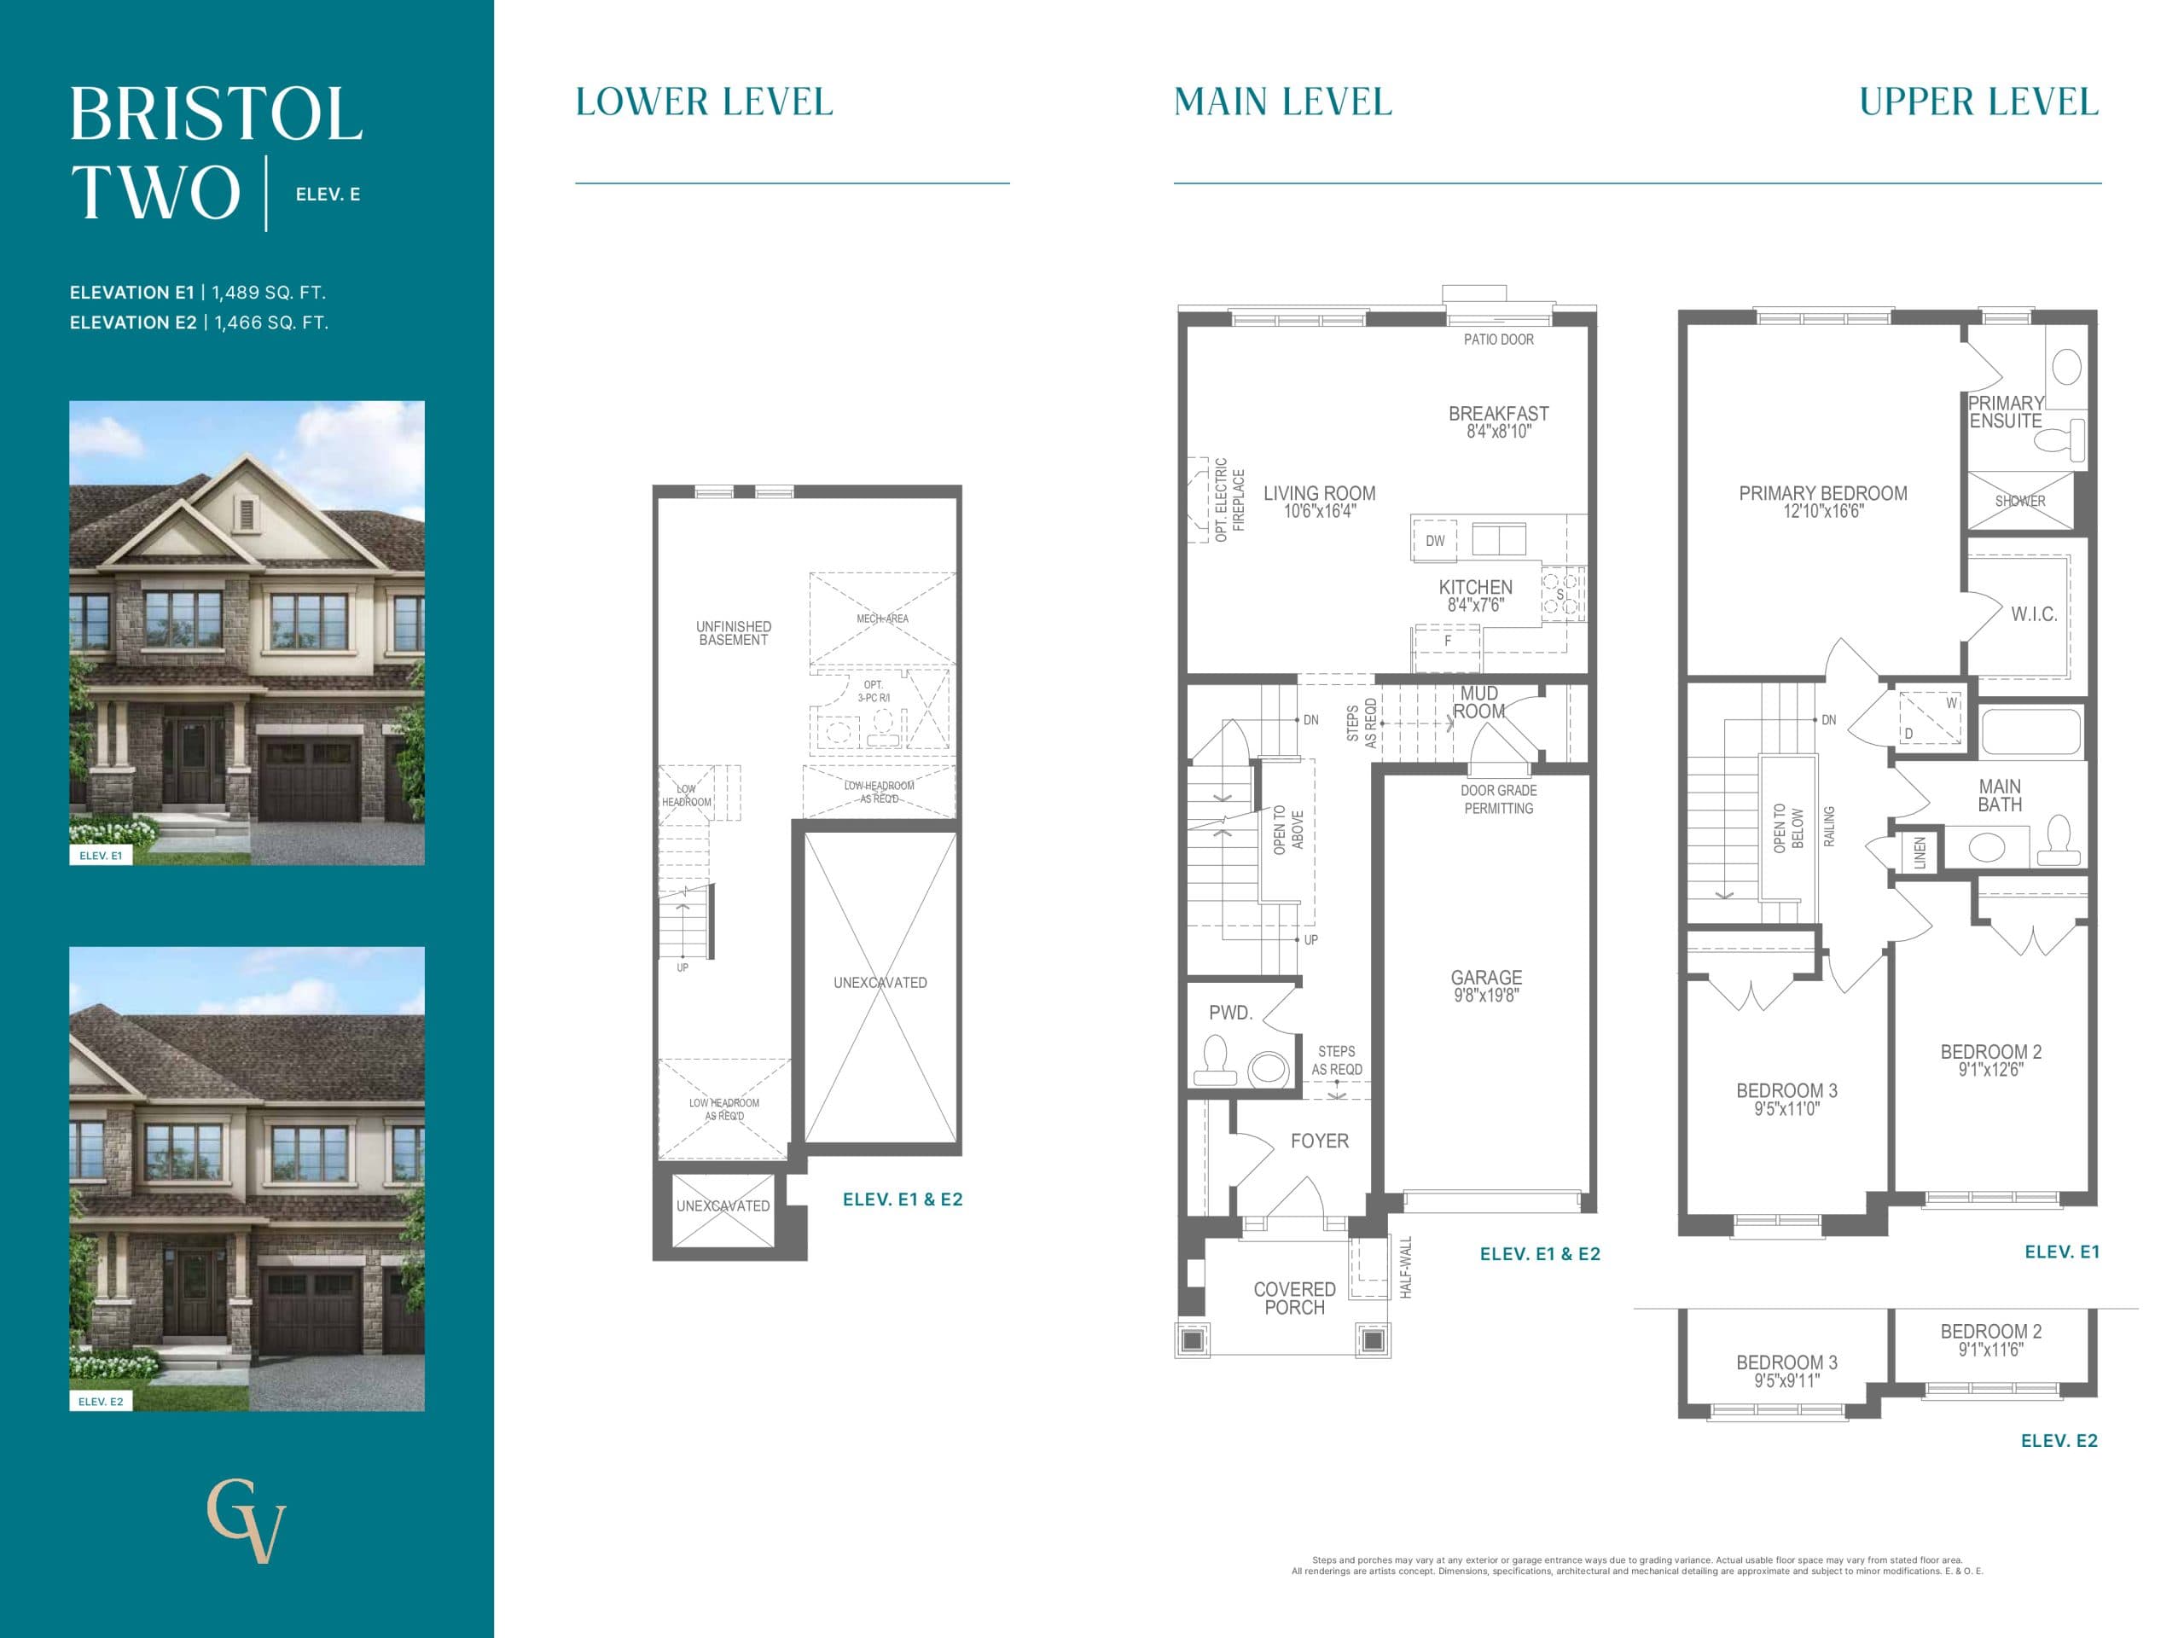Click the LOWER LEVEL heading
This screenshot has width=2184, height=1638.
pyautogui.click(x=704, y=102)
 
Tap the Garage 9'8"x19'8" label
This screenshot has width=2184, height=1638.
pyautogui.click(x=1485, y=985)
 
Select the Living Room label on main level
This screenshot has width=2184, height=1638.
pyautogui.click(x=1319, y=501)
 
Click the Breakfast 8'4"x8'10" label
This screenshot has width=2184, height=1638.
pyautogui.click(x=1498, y=421)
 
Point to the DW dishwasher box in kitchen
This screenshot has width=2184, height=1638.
pyautogui.click(x=1435, y=541)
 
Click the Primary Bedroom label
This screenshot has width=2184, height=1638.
pyautogui.click(x=1822, y=501)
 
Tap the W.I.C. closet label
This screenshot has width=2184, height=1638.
pyautogui.click(x=2034, y=614)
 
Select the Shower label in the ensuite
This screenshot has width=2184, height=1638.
pyautogui.click(x=2020, y=502)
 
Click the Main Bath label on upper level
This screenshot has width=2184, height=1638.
pyautogui.click(x=2000, y=795)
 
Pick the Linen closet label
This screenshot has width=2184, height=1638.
pyautogui.click(x=1920, y=853)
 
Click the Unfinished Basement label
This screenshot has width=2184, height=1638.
pyautogui.click(x=733, y=633)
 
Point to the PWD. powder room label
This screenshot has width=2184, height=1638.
pyautogui.click(x=1230, y=1013)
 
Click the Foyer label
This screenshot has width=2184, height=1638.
pyautogui.click(x=1319, y=1141)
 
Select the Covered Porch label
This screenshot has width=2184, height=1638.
pyautogui.click(x=1293, y=1298)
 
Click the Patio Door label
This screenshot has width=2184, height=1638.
pyautogui.click(x=1498, y=340)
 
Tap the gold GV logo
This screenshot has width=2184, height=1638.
pyautogui.click(x=246, y=1519)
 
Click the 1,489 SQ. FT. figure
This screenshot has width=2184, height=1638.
pyautogui.click(x=269, y=293)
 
